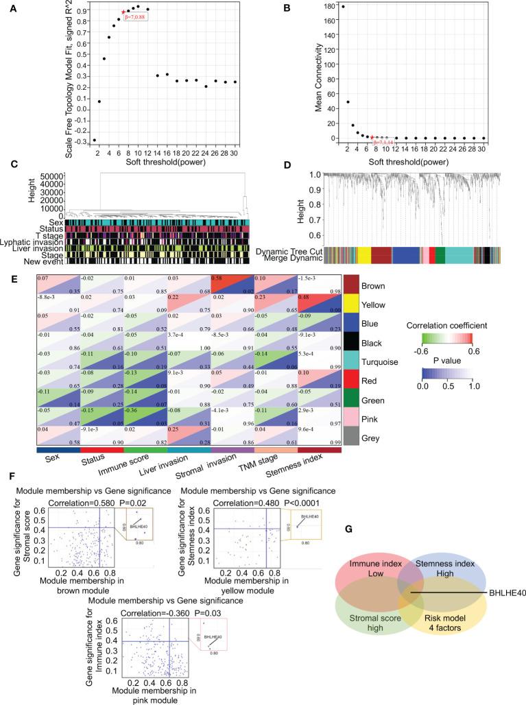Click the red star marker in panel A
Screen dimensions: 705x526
(x=123, y=12)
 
